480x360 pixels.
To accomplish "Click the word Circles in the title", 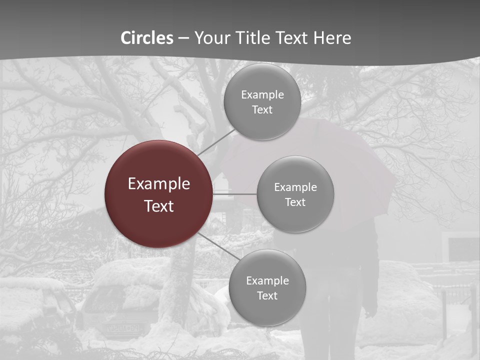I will pos(147,38).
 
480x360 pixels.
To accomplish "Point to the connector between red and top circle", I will pos(216,141).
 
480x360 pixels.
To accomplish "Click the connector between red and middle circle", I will pos(234,194).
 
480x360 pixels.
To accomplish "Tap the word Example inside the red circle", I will pos(159,184).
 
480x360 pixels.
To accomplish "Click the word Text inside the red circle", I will pos(159,206).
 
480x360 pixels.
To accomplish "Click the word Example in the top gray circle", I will pos(262,94).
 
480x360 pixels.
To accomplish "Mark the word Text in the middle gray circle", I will pos(295,202).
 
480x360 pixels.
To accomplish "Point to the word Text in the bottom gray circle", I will pos(267,295).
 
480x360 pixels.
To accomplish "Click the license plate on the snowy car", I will pos(121,328).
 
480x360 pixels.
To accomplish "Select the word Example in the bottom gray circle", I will pos(267,280).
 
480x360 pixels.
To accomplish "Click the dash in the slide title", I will pos(183,38).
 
